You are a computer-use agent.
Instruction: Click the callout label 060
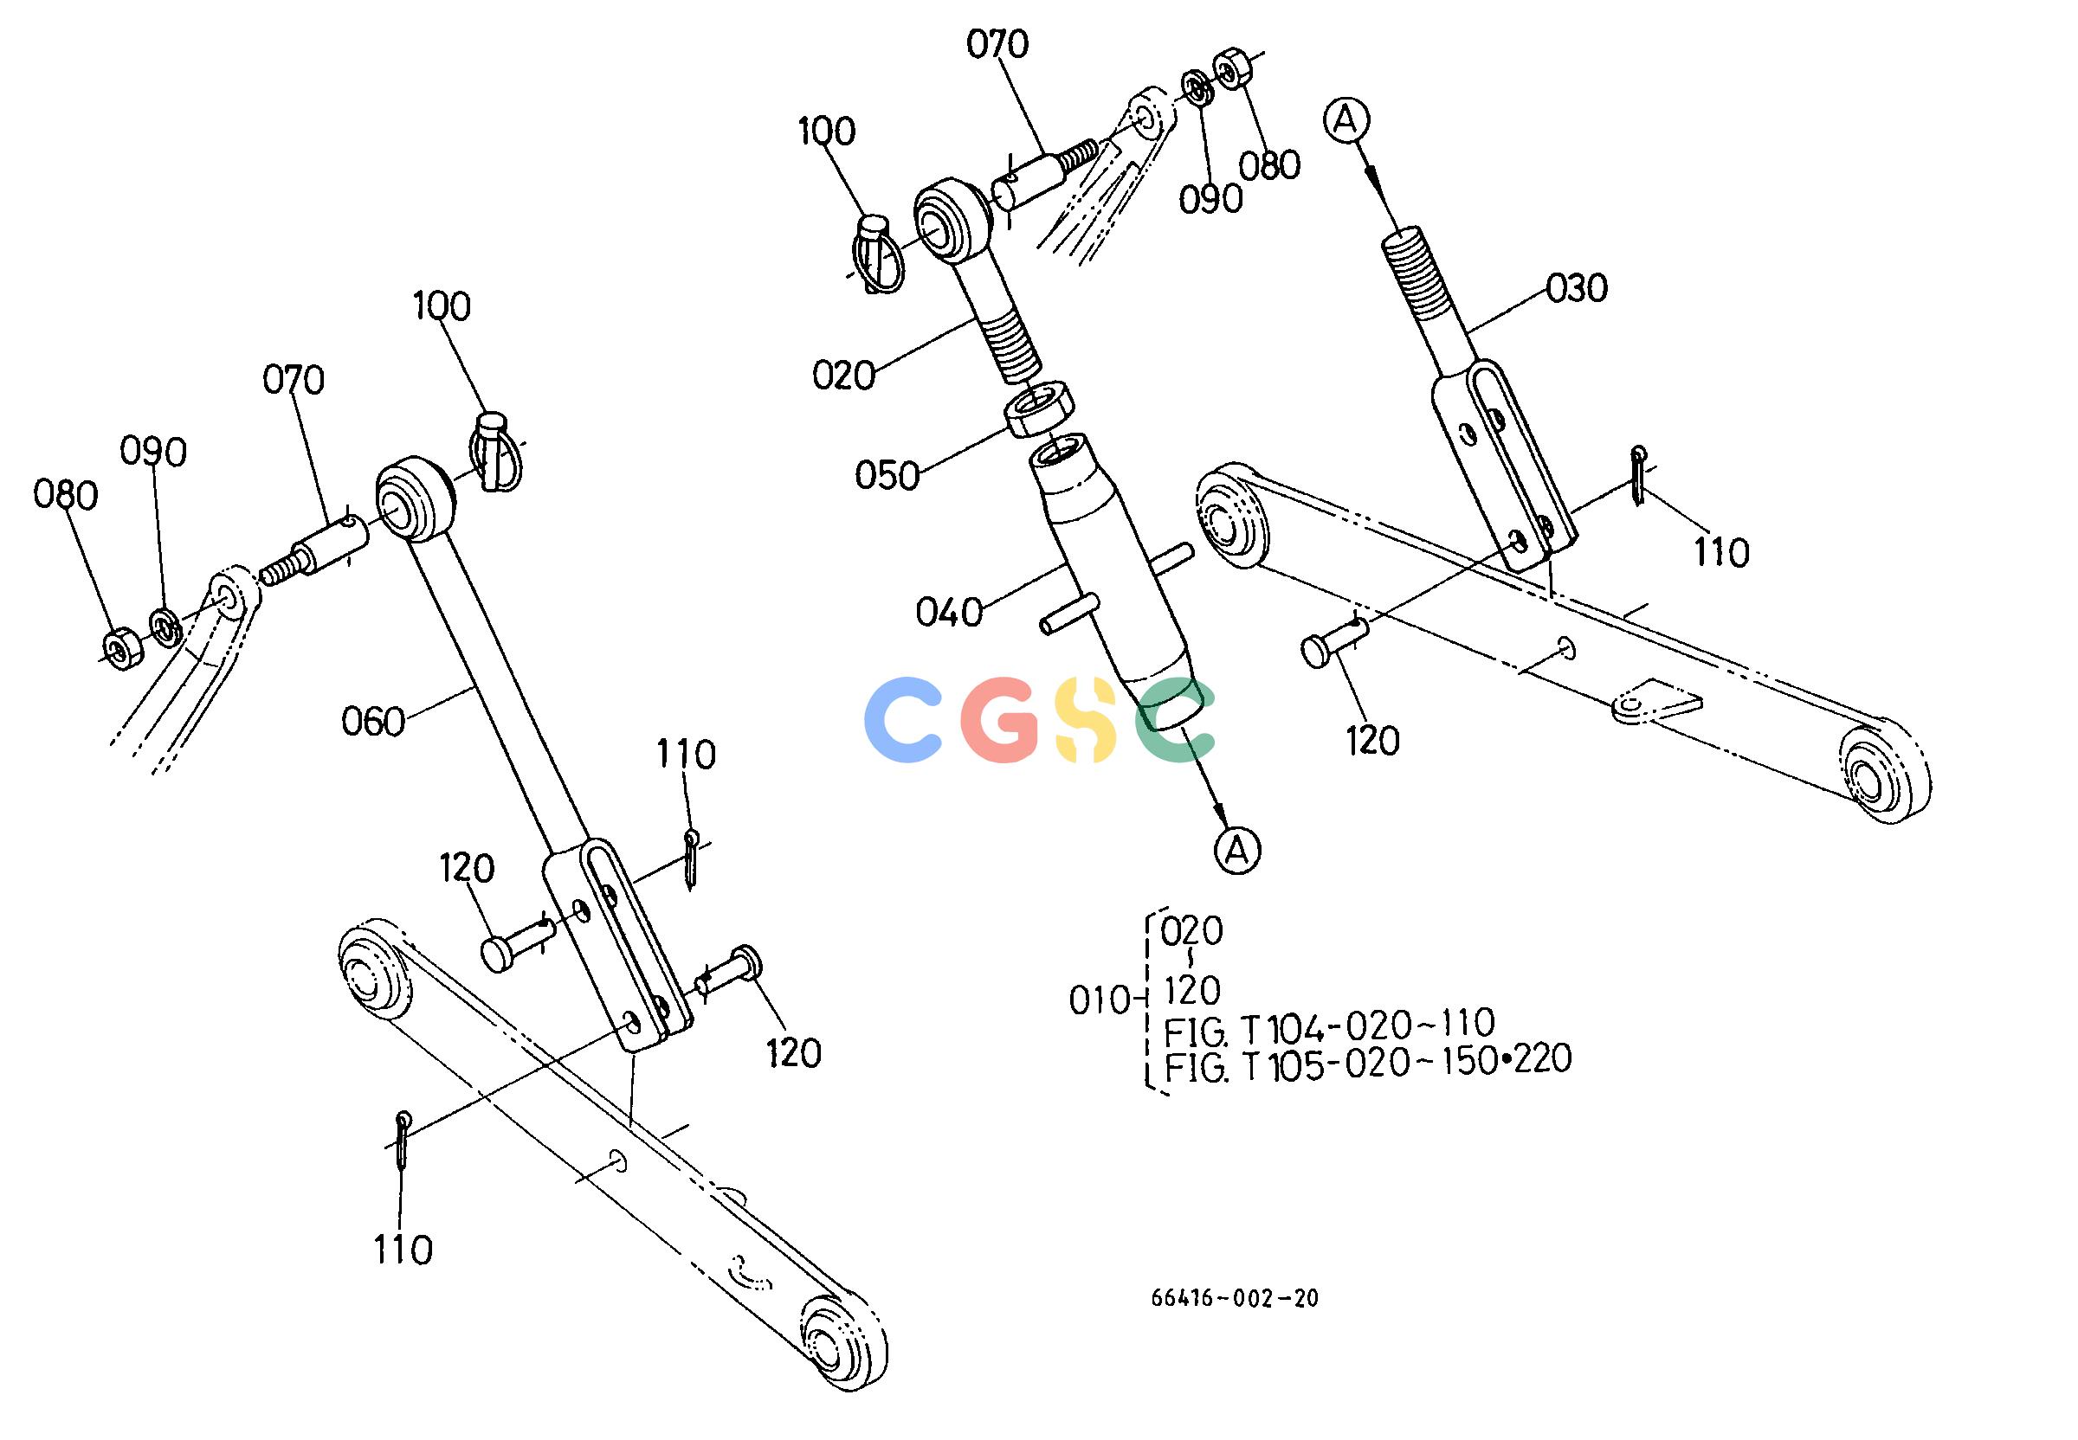click(374, 723)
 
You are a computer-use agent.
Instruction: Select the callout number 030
click(1577, 289)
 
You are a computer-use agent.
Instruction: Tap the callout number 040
click(949, 613)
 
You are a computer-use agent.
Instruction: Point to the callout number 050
click(887, 475)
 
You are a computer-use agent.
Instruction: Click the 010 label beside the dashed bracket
click(1100, 1001)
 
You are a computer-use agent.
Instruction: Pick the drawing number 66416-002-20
click(1234, 1298)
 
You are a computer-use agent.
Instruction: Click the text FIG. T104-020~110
click(1328, 1025)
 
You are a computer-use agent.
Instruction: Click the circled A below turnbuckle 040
click(1236, 850)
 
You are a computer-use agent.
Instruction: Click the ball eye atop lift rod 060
click(412, 502)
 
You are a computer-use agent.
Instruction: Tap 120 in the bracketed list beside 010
click(1192, 992)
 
